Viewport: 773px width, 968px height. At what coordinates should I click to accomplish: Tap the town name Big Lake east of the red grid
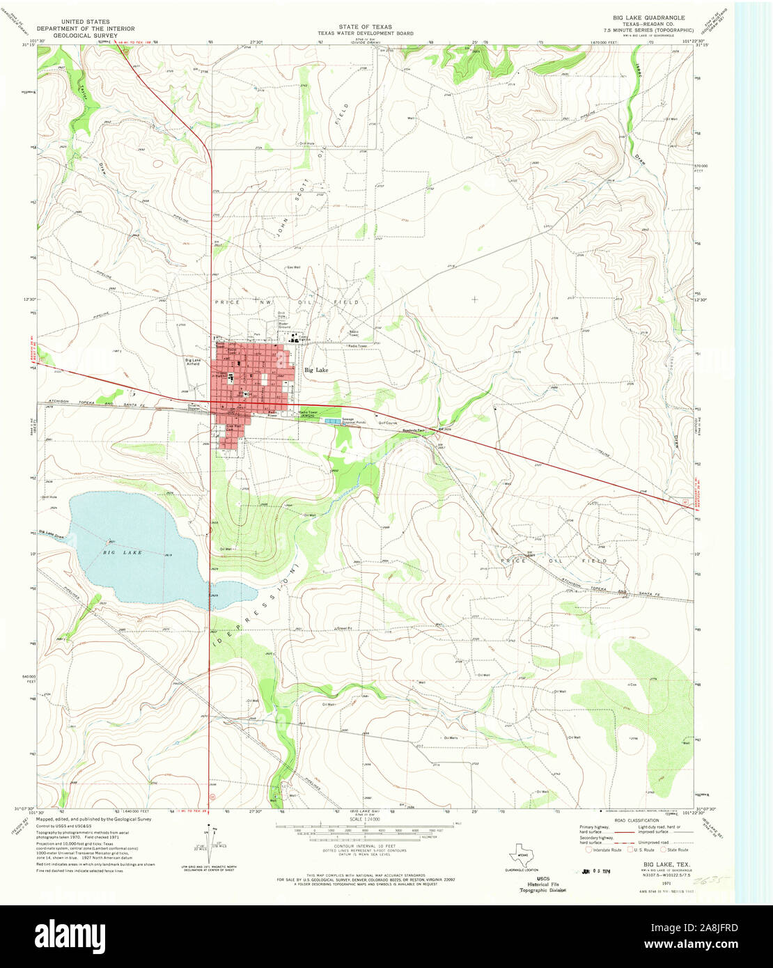point(316,370)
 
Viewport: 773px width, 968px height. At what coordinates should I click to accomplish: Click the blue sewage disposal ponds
point(332,421)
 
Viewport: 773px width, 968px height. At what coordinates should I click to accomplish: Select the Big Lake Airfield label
point(193,362)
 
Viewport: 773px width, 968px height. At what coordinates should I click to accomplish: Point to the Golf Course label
point(387,423)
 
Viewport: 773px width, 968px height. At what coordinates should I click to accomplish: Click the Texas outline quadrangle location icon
point(522,854)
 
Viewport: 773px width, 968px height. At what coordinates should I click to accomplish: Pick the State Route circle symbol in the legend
point(664,850)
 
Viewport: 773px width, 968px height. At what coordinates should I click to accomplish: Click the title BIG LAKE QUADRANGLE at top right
point(648,17)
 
